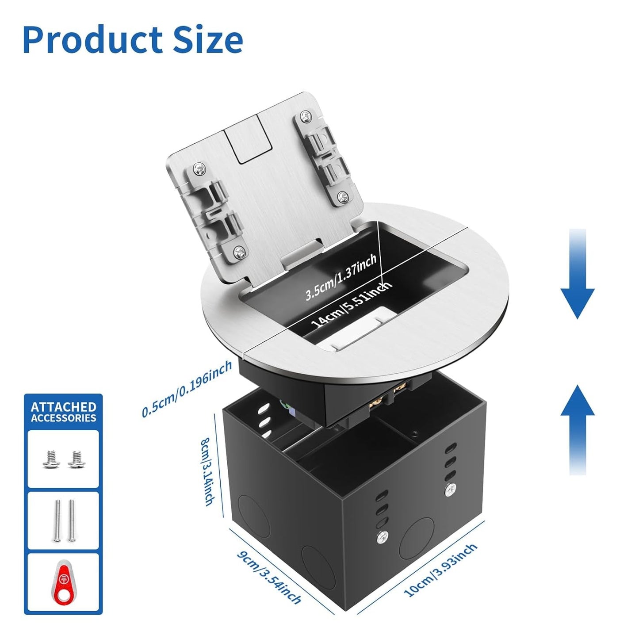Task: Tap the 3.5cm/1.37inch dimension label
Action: [x=341, y=277]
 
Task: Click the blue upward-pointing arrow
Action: [x=578, y=429]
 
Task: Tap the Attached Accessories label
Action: [x=63, y=412]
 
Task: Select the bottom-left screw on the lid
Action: [x=239, y=253]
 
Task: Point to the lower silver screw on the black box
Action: [x=383, y=535]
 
